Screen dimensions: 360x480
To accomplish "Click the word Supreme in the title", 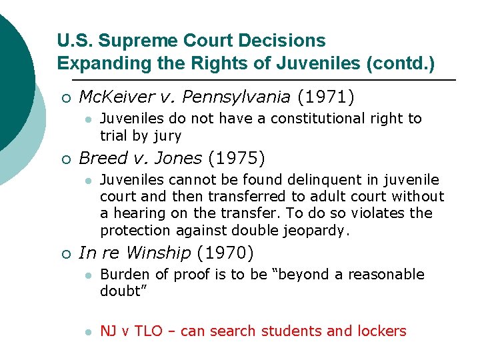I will point(137,41).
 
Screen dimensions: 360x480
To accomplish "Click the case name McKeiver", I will point(116,97).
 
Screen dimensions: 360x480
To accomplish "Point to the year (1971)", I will point(326,97).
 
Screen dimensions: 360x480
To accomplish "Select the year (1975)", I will point(237,159).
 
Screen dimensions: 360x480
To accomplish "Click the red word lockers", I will point(381,331).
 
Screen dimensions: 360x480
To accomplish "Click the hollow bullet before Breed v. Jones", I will point(65,159).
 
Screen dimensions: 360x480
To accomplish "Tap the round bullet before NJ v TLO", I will point(87,331).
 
